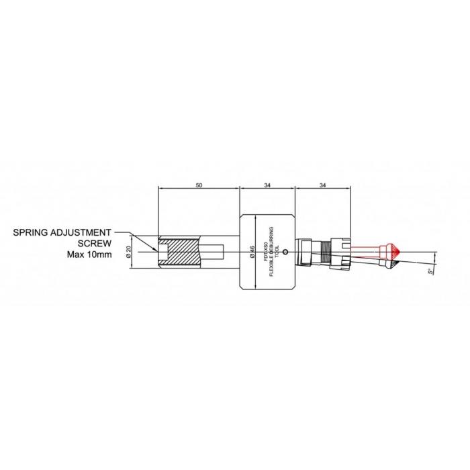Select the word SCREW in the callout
(x=95, y=244)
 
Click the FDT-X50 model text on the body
(x=266, y=252)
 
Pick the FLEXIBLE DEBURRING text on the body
(x=272, y=252)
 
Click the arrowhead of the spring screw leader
(x=156, y=250)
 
